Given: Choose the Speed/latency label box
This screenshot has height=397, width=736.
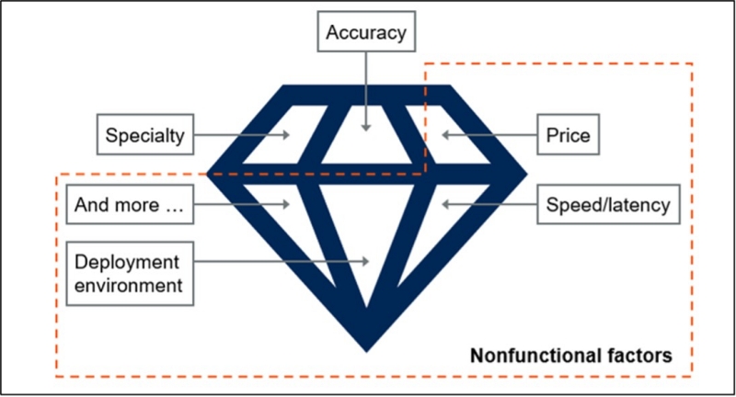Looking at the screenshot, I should (x=608, y=206).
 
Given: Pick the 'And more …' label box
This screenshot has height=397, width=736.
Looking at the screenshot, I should (x=130, y=206).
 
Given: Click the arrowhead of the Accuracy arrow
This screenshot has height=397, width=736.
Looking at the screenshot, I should (x=366, y=128).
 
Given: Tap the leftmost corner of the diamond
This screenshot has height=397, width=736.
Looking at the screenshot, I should (x=206, y=172).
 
